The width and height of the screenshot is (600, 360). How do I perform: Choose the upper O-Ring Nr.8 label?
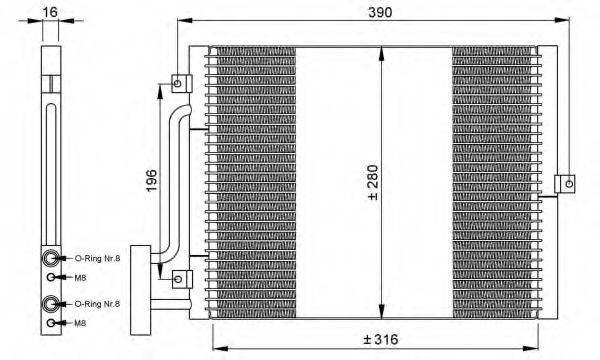point(97,258)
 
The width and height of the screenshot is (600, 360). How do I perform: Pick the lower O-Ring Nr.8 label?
point(97,303)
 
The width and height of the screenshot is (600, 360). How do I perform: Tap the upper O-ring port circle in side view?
point(51,258)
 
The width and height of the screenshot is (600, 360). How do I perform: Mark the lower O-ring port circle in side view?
point(51,303)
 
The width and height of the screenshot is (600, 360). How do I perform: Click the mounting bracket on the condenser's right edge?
point(566,183)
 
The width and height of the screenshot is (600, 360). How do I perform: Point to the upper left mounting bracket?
point(179,81)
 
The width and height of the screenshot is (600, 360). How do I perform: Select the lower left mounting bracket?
point(179,277)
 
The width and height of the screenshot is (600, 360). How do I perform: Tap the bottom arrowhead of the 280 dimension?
point(382,307)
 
